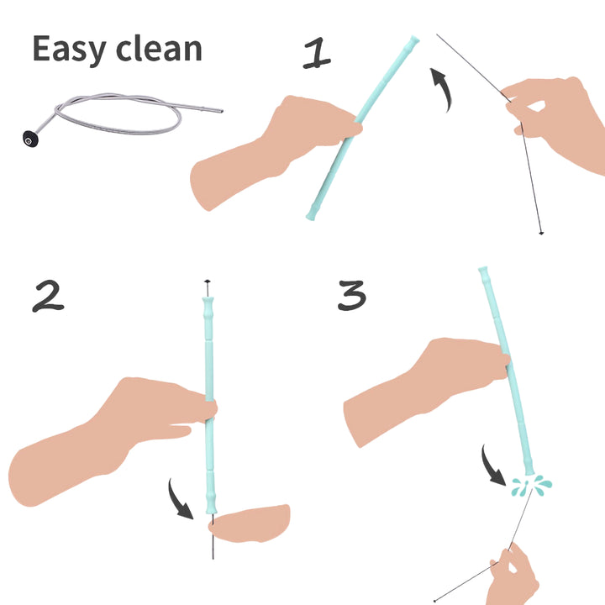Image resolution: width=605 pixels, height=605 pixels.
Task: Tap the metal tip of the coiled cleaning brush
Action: [217, 110]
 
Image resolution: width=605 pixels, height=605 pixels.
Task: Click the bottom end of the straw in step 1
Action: [313, 215]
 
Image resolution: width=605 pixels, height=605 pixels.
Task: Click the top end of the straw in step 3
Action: [484, 273]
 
